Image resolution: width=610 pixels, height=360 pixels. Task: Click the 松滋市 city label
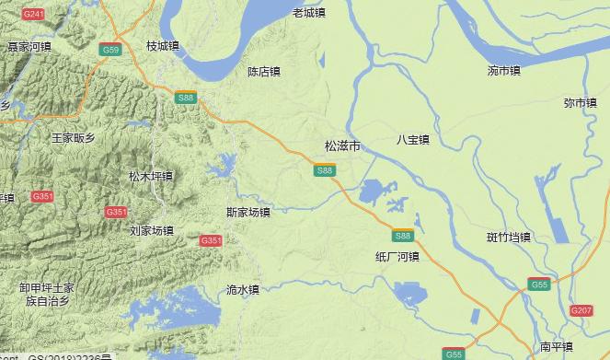[x=342, y=146]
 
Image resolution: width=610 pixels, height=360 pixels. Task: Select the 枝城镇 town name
[x=163, y=46]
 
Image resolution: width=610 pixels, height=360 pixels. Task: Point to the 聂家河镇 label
[x=29, y=46]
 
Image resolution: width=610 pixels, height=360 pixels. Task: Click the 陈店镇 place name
[x=264, y=72]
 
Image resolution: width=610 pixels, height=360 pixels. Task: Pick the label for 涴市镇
[x=503, y=70]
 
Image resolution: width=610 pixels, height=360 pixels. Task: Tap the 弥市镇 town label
[x=580, y=103]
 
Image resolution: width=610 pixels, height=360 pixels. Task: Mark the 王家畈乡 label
[x=73, y=138]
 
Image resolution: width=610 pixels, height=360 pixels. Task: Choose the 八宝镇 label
[x=413, y=140]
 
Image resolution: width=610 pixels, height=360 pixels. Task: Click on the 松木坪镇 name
[x=151, y=176]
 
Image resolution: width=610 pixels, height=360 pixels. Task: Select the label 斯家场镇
[x=247, y=213]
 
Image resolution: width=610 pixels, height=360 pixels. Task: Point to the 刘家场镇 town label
[x=151, y=230]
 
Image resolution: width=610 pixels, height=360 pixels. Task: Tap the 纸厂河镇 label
[x=397, y=256]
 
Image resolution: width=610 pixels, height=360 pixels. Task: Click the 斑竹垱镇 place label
[x=509, y=238]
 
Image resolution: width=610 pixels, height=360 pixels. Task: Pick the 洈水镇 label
[x=242, y=289]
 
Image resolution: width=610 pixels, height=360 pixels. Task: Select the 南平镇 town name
[x=556, y=347]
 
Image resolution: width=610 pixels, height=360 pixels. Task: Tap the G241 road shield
[x=33, y=15]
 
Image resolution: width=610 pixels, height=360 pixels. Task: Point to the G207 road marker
[x=581, y=311]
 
